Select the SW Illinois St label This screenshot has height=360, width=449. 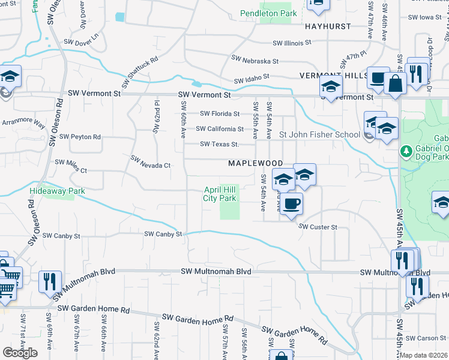coord(292,43)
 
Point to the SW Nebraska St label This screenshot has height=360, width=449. coord(255,61)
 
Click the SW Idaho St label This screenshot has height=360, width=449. coord(252,79)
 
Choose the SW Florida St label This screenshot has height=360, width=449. coord(220,113)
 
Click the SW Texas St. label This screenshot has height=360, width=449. coord(219,144)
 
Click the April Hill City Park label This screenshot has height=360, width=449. coord(219,193)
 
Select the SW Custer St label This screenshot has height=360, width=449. coord(318,227)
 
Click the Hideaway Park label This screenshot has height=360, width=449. coord(57,191)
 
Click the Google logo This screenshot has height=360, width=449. coord(20,353)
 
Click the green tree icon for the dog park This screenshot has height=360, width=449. coord(406,150)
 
